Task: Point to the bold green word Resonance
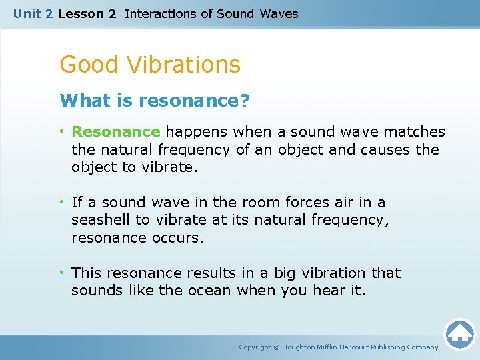[116, 132]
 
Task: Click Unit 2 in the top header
[33, 13]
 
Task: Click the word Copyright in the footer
[255, 347]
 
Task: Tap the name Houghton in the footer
[301, 347]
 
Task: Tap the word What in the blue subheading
[79, 101]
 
